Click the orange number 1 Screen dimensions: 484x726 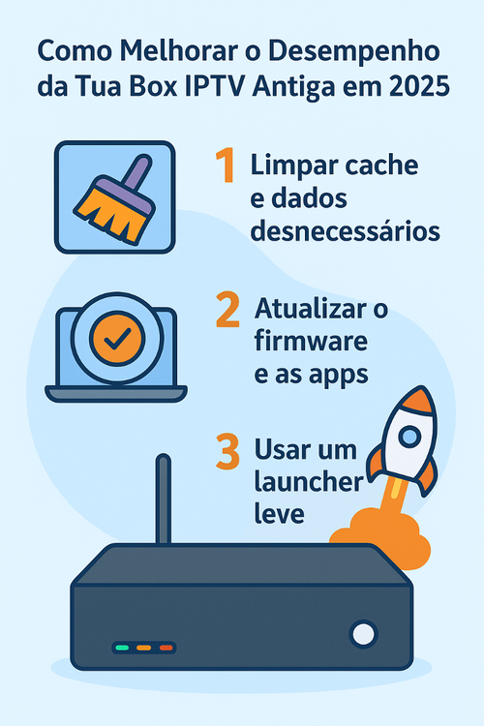tap(226, 166)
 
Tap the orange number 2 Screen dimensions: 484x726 tap(227, 310)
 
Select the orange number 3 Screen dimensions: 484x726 tap(227, 451)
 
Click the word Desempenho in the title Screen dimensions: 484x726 tap(354, 51)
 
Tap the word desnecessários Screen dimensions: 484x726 tap(345, 231)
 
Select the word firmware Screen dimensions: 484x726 tap(311, 341)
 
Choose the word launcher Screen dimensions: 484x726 tap(309, 481)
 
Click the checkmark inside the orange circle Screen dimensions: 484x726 tap(117, 340)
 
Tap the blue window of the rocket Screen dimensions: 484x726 tap(409, 437)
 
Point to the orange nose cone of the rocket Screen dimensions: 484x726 tap(419, 399)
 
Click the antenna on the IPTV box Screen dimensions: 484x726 tap(163, 499)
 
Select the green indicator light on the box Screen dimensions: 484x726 tap(122, 648)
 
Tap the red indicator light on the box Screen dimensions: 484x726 tap(166, 648)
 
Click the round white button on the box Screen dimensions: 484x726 tap(364, 634)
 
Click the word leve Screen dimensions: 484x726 tap(280, 513)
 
